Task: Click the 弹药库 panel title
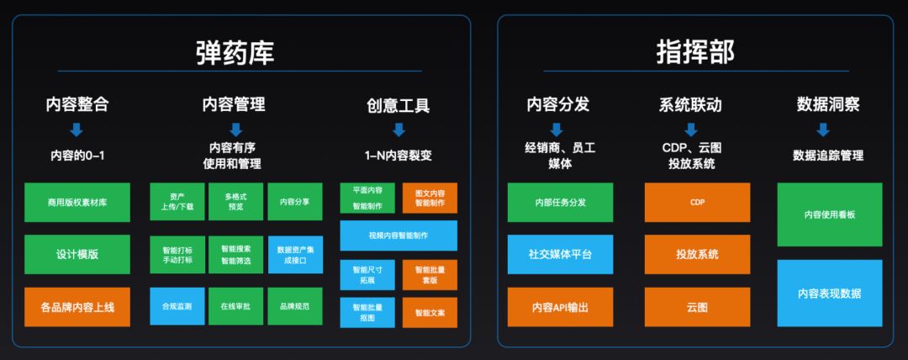click(235, 52)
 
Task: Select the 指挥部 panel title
click(695, 52)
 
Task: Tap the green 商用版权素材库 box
click(77, 202)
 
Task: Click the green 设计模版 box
click(77, 254)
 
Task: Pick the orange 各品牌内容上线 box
click(77, 307)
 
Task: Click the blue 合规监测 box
click(177, 306)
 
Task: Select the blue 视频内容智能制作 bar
click(399, 236)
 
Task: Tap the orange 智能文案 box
click(430, 312)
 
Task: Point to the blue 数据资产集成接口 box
click(294, 254)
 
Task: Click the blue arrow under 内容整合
click(77, 130)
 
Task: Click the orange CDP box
click(697, 202)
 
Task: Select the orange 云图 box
click(697, 307)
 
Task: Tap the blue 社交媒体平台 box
click(560, 254)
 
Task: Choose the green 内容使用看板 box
click(830, 214)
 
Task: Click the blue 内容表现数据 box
click(830, 294)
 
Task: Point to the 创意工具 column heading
click(399, 106)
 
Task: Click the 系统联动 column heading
click(690, 105)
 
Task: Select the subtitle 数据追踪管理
click(828, 156)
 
